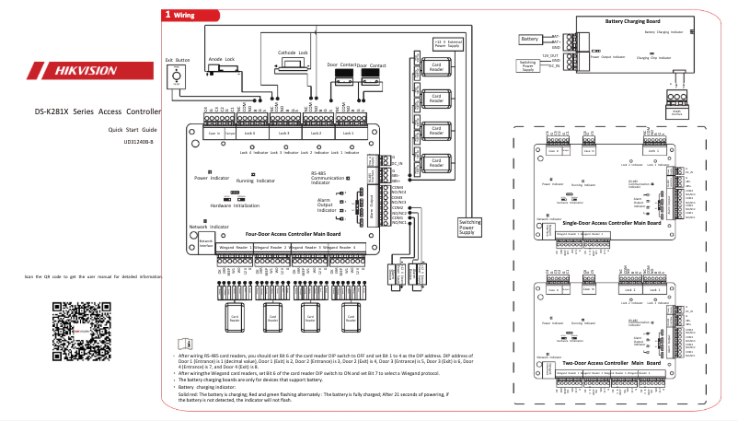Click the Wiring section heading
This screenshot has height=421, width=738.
click(x=180, y=16)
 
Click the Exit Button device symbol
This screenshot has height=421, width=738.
click(x=180, y=77)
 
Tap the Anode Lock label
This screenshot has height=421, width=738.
click(x=221, y=59)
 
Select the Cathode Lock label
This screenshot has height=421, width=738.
click(x=293, y=53)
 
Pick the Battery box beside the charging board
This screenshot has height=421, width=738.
click(x=529, y=40)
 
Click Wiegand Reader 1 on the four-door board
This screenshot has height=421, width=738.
click(x=235, y=247)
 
